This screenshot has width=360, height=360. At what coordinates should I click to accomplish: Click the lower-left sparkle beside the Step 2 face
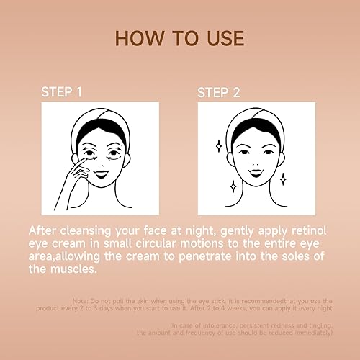point(233,186)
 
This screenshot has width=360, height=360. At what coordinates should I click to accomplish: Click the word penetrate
point(217,258)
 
